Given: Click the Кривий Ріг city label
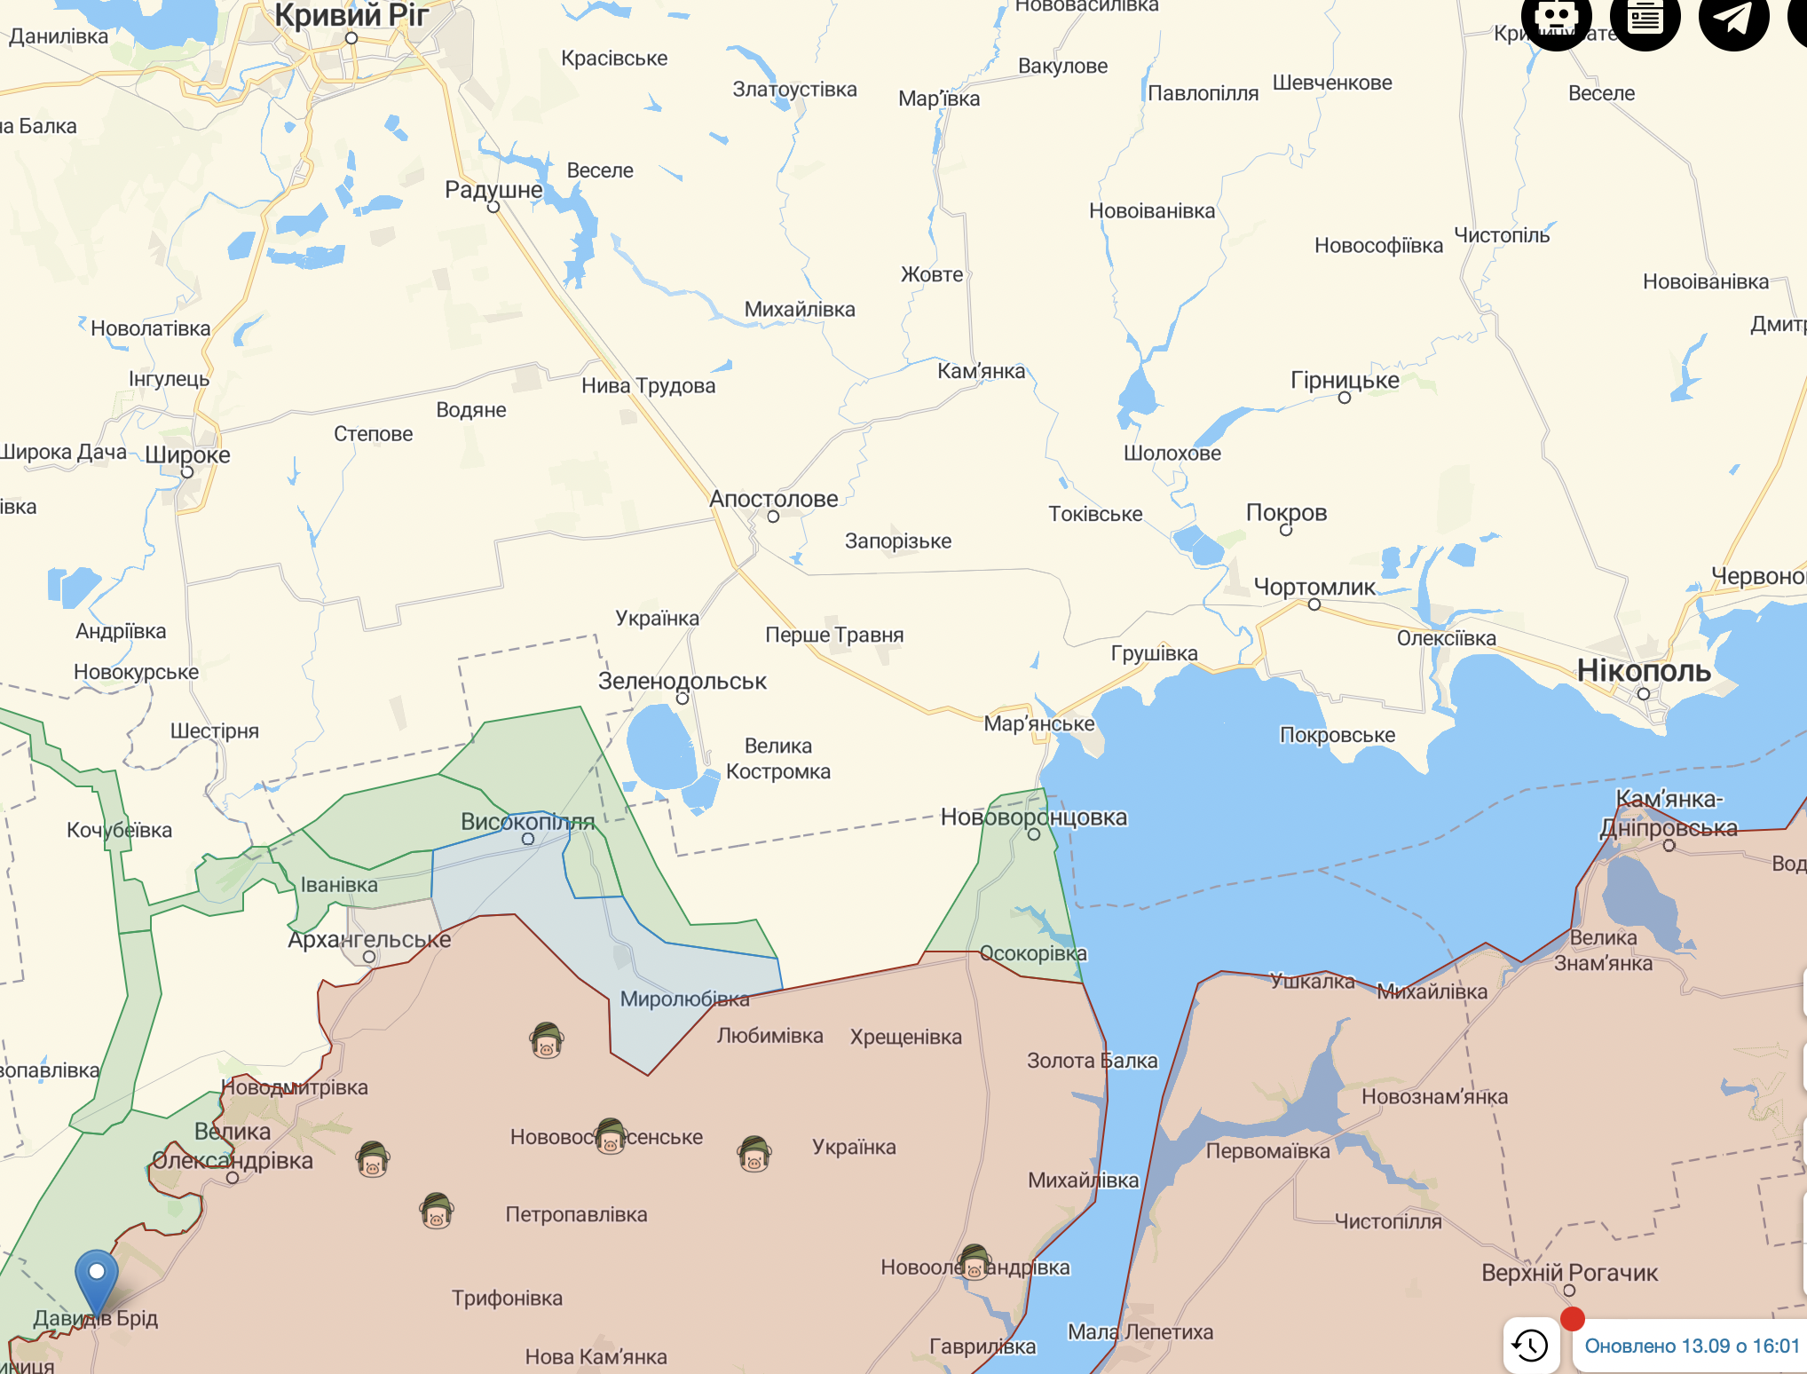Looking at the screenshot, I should point(351,15).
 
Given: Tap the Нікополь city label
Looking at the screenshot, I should point(1643,670).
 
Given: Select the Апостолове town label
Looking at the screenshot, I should point(773,499).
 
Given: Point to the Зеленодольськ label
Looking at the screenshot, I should point(682,681).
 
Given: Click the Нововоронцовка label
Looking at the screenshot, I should point(1033,817).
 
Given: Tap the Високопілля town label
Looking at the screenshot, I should point(527,822).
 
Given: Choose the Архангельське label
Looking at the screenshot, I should point(369,939).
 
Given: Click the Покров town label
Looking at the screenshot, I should point(1286,512).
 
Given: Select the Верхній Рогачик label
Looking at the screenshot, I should point(1569,1273).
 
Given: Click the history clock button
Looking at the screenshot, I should point(1531,1346).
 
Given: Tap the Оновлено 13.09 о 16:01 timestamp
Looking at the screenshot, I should point(1692,1346).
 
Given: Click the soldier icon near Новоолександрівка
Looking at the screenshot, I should point(975,1262).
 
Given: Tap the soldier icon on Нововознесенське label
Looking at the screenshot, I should point(611,1135).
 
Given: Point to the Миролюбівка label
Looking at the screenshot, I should point(684,999).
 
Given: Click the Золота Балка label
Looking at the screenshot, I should point(1092,1061).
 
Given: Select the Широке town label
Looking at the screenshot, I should point(187,455).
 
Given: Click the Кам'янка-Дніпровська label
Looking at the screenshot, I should point(1669,813).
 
